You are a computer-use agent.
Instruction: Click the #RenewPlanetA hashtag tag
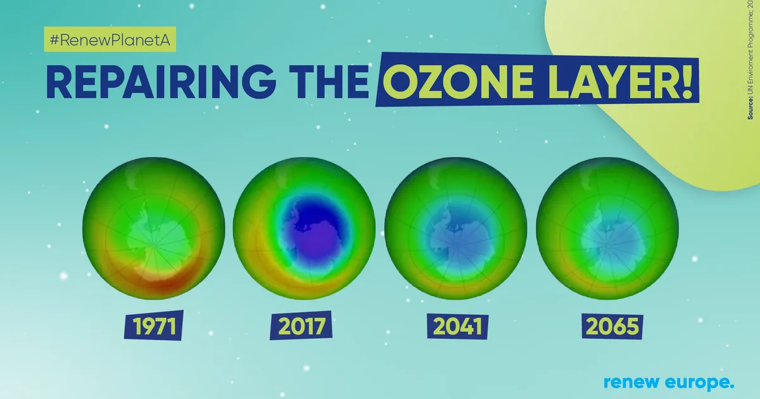pyautogui.click(x=110, y=41)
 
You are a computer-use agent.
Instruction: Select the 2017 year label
pyautogui.click(x=303, y=327)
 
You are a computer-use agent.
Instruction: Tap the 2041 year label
pyautogui.click(x=457, y=327)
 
